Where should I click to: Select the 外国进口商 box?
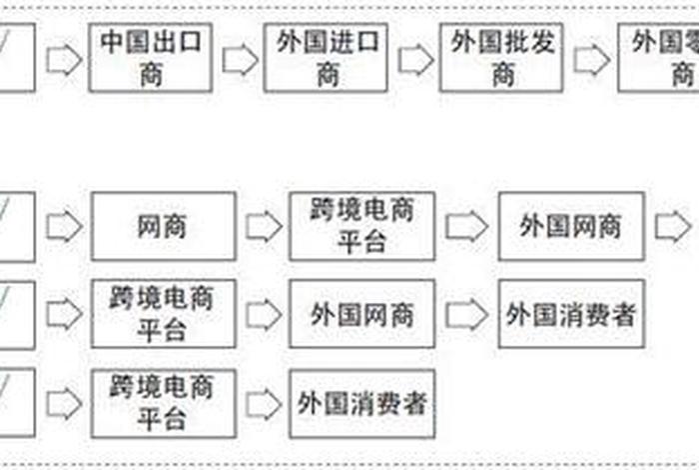[x=328, y=58]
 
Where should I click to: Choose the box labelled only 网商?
[x=164, y=226]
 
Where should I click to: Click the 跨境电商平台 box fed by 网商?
[x=361, y=226]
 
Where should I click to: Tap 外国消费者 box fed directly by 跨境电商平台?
[x=361, y=402]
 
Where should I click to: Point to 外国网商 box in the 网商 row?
[x=570, y=226]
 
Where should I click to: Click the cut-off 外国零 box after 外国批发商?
[x=659, y=58]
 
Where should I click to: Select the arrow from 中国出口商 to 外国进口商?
[x=240, y=60]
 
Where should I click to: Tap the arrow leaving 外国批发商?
[x=592, y=60]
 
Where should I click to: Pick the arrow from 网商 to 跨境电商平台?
[x=264, y=227]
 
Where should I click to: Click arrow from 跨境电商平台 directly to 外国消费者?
[x=264, y=403]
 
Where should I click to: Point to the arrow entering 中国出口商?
[x=64, y=60]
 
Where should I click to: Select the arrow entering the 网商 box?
[x=64, y=227]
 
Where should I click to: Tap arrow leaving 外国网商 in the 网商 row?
[x=671, y=227]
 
